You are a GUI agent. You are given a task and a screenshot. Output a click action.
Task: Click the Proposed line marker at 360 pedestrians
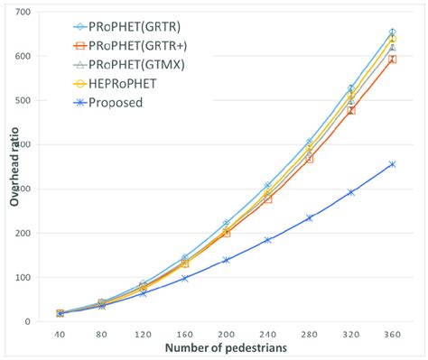(x=392, y=164)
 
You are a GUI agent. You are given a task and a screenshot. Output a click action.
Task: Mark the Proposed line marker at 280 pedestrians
(x=309, y=217)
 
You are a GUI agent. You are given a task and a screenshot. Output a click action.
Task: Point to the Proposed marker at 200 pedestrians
(x=226, y=260)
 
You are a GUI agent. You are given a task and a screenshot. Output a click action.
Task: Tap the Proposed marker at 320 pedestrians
(x=350, y=192)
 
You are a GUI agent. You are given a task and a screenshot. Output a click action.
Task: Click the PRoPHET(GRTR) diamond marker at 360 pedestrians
(x=392, y=32)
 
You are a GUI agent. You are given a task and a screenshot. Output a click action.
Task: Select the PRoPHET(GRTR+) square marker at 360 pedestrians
(x=392, y=60)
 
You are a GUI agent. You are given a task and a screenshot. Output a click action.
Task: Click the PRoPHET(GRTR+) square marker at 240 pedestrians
(x=267, y=198)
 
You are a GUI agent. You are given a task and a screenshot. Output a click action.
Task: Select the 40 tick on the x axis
(x=60, y=335)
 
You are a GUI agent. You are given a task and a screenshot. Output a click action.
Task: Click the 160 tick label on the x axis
(x=184, y=335)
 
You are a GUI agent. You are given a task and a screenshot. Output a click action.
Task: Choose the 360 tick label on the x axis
(x=392, y=335)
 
